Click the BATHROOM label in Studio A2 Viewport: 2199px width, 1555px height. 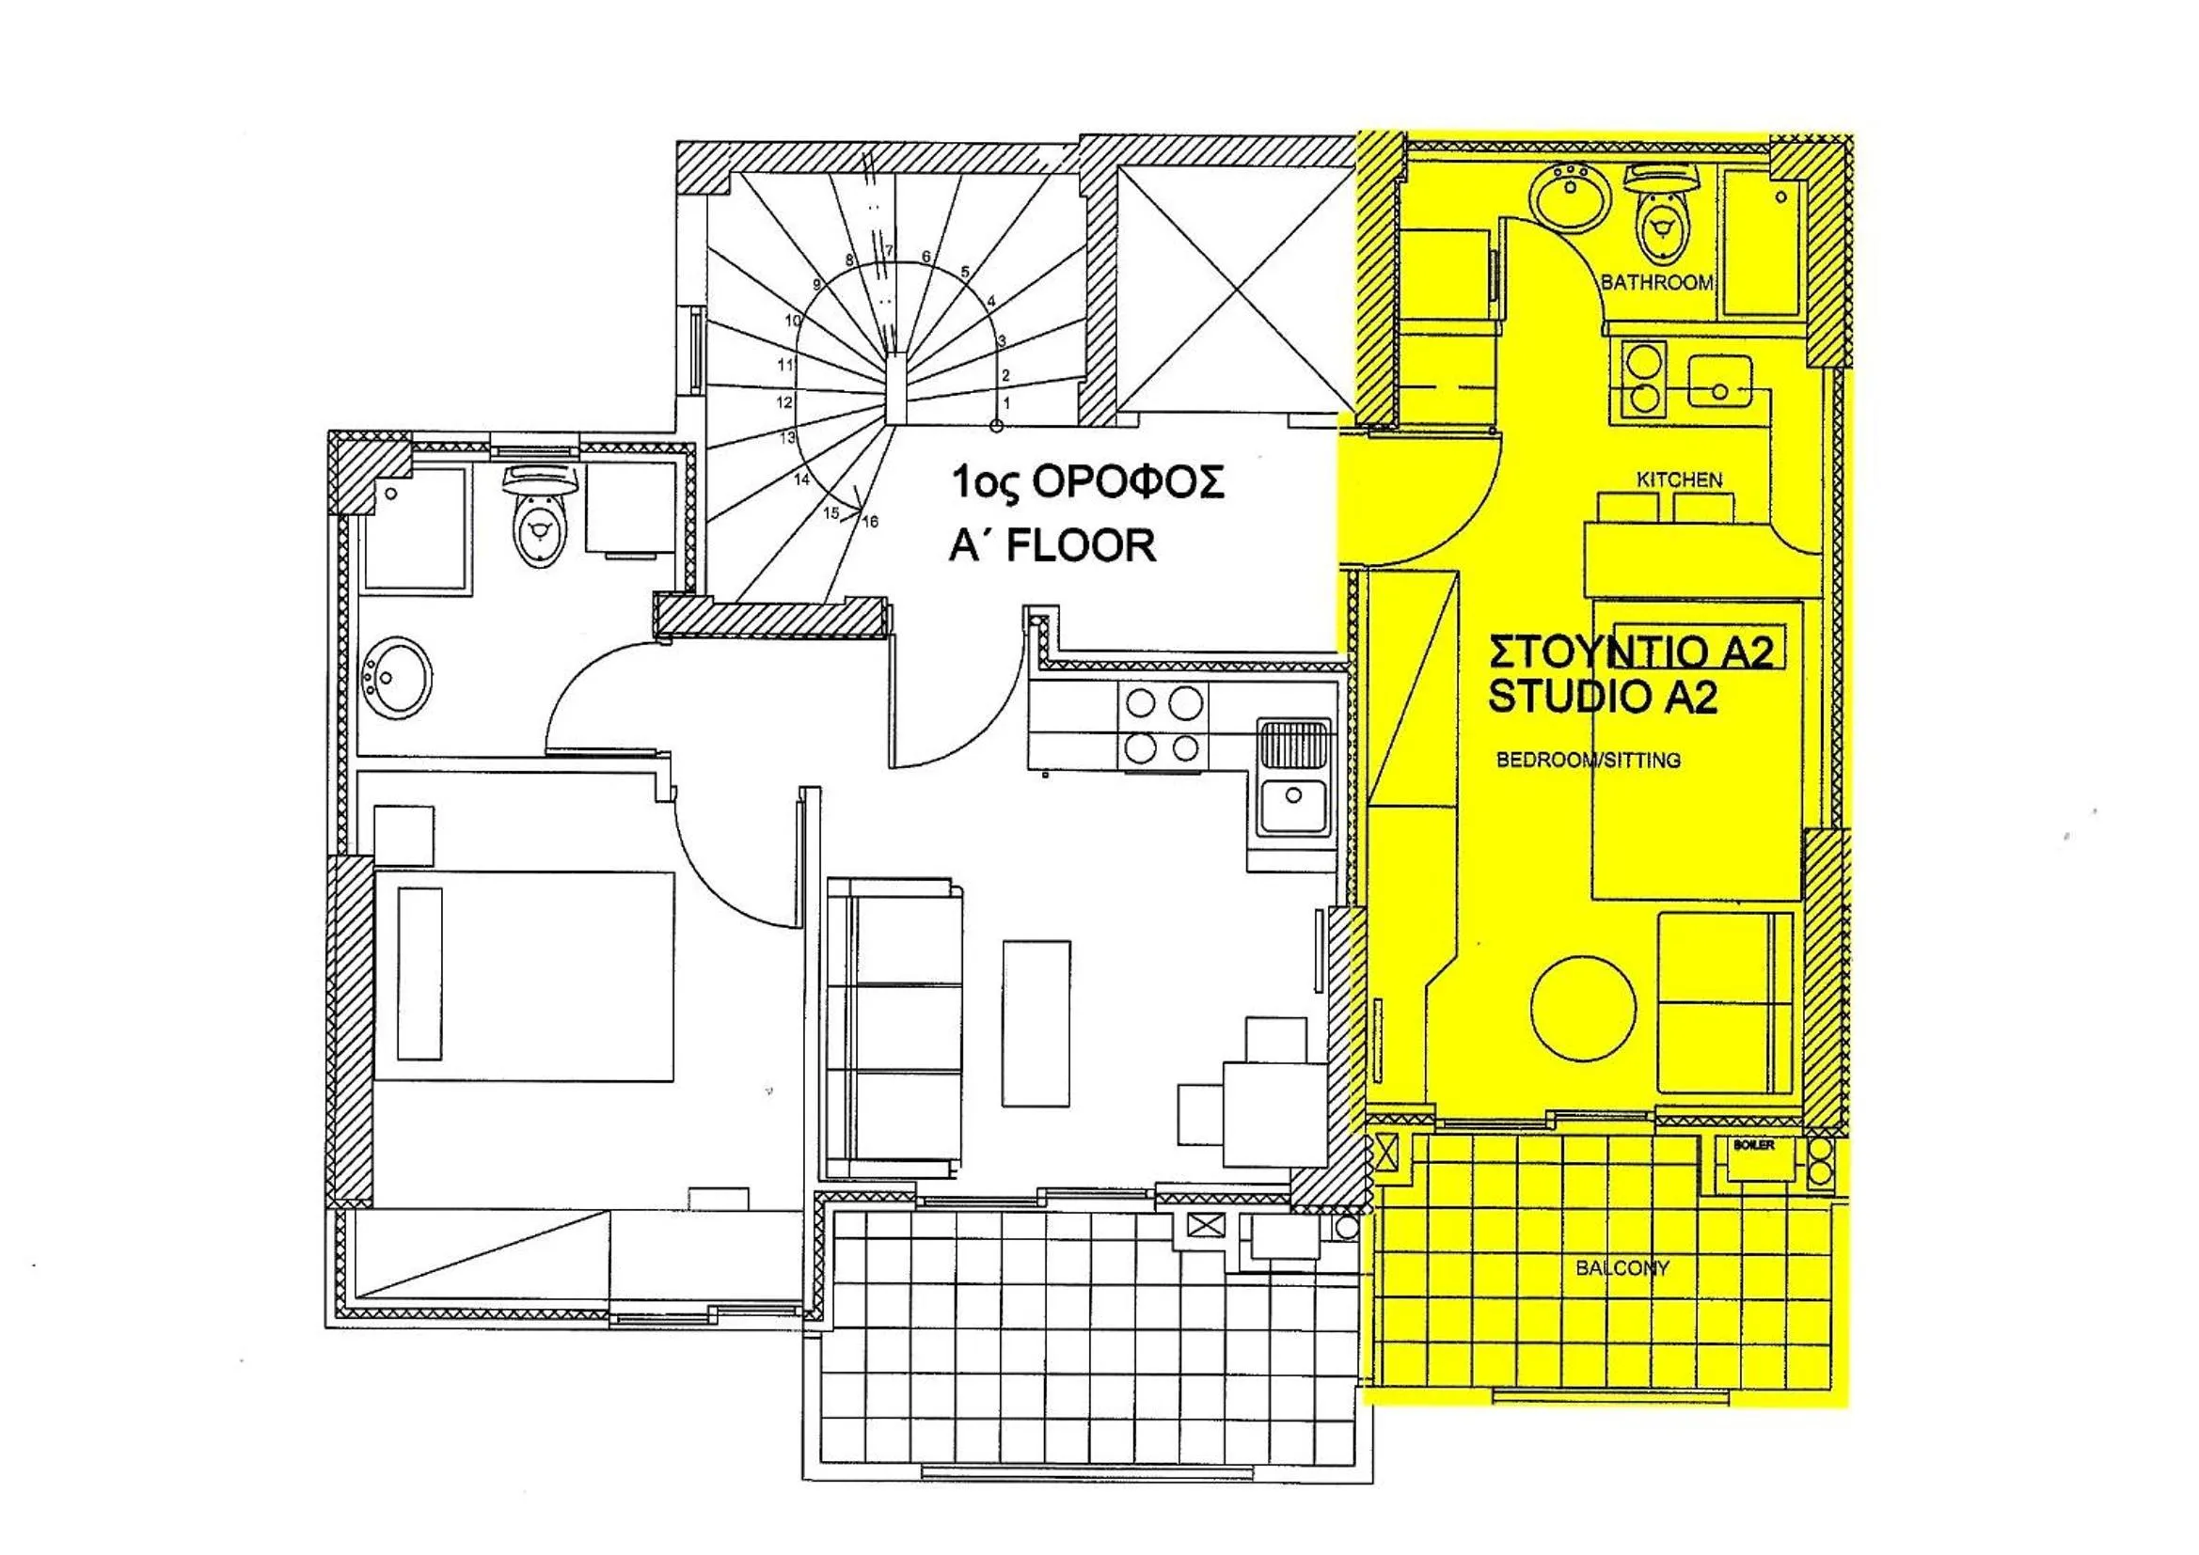(1656, 282)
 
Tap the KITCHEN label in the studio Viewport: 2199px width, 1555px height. (1679, 479)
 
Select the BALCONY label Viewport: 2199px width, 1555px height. (1622, 1267)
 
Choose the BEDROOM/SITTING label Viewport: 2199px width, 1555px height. (1588, 761)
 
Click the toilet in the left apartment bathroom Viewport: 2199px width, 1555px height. (539, 518)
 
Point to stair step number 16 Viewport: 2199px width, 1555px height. (870, 522)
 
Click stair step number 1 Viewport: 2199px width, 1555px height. (1005, 404)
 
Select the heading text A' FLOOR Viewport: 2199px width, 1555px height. (1052, 546)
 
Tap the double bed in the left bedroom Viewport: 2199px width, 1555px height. (524, 976)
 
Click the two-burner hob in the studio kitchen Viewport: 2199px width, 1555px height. (1643, 380)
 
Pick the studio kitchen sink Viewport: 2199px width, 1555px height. (1720, 380)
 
